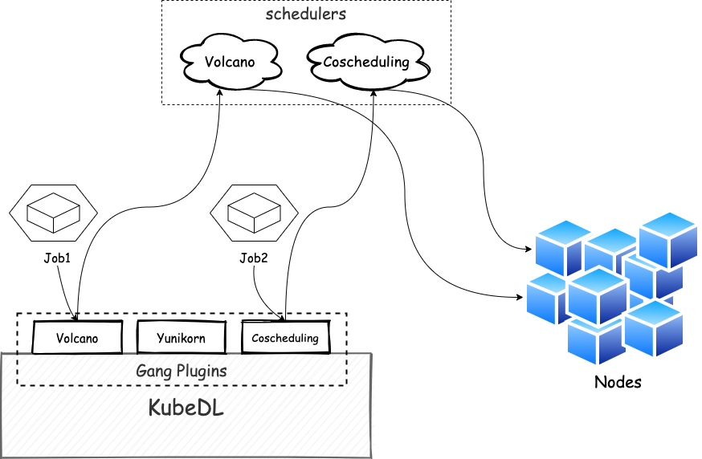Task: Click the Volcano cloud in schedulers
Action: [x=230, y=62]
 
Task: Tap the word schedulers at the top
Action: [x=306, y=14]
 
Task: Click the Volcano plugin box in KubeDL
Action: [x=77, y=338]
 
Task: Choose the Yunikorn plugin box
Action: [x=181, y=338]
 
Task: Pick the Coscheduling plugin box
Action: [x=285, y=338]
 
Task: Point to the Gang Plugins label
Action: [x=182, y=371]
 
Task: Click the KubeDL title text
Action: [x=186, y=408]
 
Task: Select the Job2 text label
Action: [x=253, y=258]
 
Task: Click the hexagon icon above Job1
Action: [x=53, y=213]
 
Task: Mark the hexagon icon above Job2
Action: [x=254, y=213]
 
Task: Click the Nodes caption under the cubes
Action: [x=618, y=382]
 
